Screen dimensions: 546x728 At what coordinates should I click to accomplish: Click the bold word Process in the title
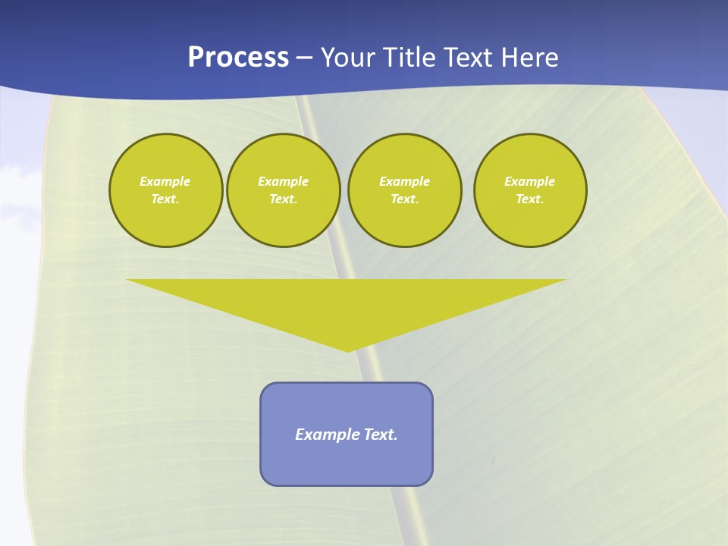(x=238, y=58)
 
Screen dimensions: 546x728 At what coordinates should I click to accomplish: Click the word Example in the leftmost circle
(x=165, y=181)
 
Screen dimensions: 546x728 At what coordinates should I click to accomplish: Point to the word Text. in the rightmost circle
(x=530, y=199)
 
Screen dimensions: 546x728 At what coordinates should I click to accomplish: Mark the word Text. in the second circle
(x=284, y=199)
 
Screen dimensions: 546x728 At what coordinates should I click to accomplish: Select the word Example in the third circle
(x=404, y=181)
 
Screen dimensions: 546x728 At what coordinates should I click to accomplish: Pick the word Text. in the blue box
(x=381, y=435)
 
